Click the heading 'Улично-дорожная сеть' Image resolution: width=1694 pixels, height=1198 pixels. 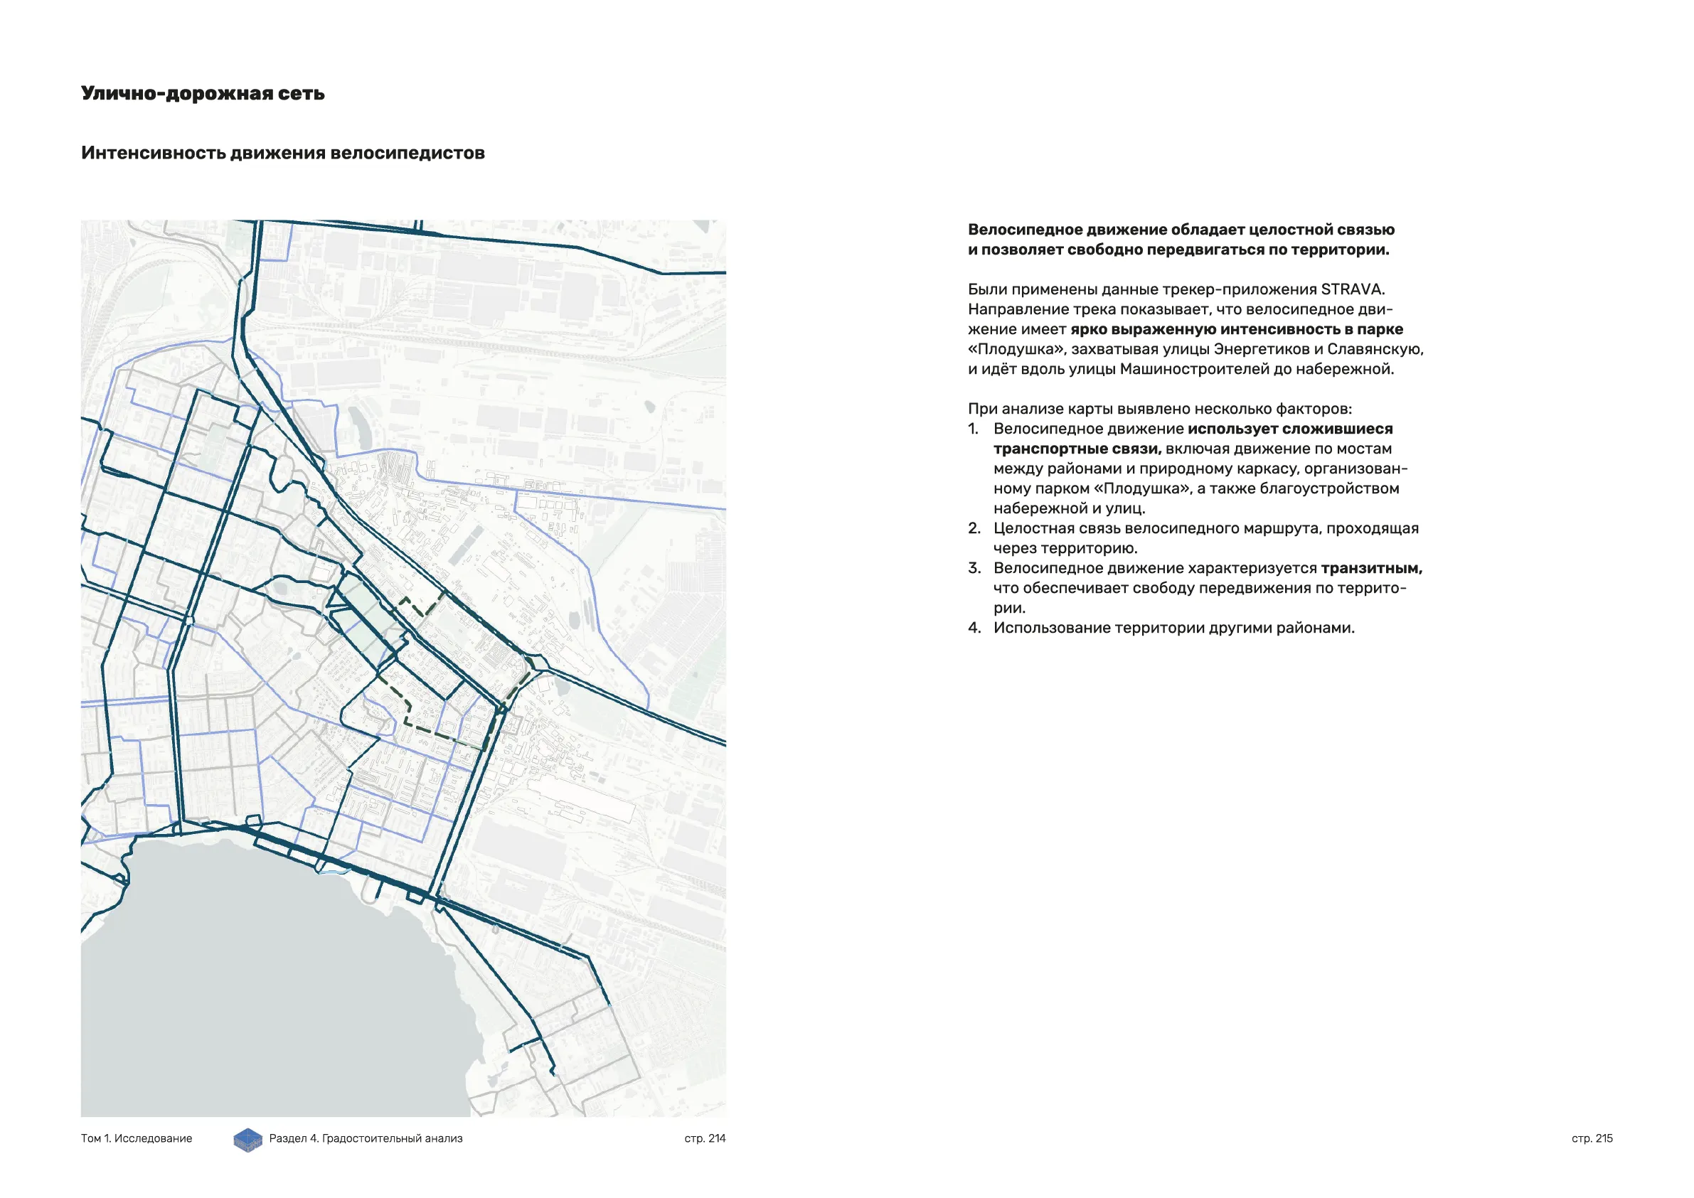click(x=202, y=94)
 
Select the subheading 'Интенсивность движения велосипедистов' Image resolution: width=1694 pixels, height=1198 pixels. click(x=282, y=153)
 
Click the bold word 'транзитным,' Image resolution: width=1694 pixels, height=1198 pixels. click(x=1371, y=568)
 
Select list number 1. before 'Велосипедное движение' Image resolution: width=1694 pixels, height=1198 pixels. click(x=974, y=429)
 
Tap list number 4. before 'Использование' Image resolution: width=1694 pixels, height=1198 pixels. click(x=974, y=628)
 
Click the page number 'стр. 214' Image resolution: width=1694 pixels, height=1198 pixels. click(x=705, y=1138)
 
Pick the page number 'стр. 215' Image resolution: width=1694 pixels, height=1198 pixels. click(x=1592, y=1138)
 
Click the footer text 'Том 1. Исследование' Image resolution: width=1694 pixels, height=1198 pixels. click(x=137, y=1138)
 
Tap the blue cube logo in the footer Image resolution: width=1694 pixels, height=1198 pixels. click(x=248, y=1140)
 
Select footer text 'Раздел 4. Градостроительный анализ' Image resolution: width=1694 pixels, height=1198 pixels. click(x=366, y=1138)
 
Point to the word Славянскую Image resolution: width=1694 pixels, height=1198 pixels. click(x=1375, y=349)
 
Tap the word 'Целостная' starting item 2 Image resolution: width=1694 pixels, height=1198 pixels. click(x=1029, y=528)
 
